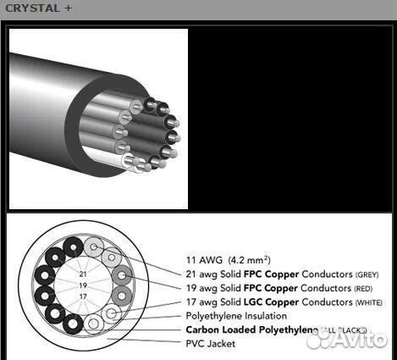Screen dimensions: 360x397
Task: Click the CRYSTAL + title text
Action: (x=34, y=8)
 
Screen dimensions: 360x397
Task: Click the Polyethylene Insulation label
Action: (x=236, y=316)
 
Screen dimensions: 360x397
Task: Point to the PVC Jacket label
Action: (x=211, y=343)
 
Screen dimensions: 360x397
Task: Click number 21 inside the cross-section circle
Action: (x=82, y=274)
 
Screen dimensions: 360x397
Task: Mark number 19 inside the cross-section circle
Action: (x=82, y=285)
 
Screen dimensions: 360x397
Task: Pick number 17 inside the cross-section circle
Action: (x=82, y=296)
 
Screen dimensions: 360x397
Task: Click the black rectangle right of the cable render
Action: (x=288, y=119)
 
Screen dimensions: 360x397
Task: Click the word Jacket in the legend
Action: (x=222, y=343)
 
